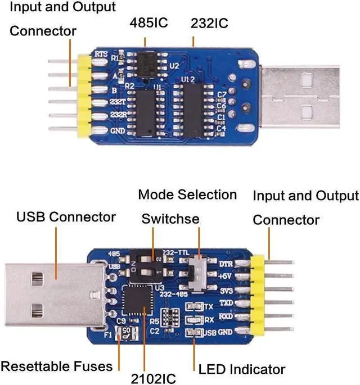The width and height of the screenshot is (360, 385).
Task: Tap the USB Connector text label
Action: click(66, 216)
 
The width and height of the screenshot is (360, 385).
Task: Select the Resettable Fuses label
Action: click(56, 366)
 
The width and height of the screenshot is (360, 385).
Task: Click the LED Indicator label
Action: click(242, 369)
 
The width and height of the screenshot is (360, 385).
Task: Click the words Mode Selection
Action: click(187, 195)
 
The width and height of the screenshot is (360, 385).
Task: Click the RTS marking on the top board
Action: click(101, 55)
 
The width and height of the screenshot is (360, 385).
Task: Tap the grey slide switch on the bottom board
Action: click(197, 274)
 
